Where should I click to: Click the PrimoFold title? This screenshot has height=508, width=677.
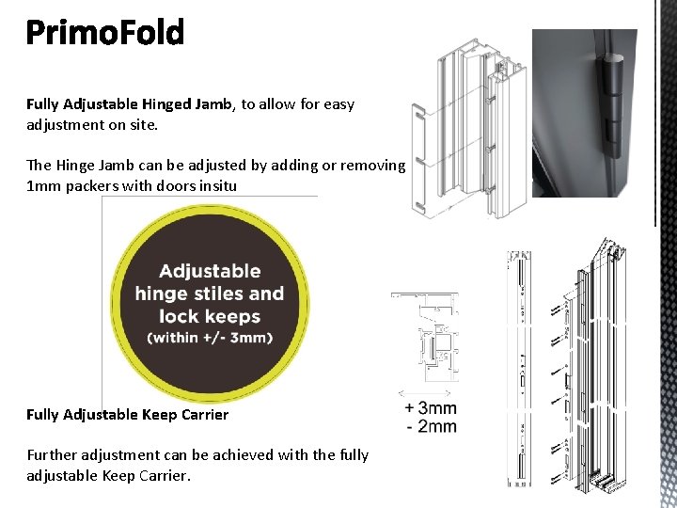click(x=105, y=34)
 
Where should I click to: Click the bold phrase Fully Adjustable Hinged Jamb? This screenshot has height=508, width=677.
click(x=129, y=104)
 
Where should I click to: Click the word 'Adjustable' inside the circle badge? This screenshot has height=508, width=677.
click(x=210, y=271)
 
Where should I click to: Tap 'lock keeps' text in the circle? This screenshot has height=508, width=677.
click(x=210, y=316)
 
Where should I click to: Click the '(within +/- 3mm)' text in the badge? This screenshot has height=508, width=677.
click(x=210, y=337)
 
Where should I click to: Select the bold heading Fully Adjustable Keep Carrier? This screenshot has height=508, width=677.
click(x=127, y=414)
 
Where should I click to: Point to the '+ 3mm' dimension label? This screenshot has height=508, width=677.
click(x=431, y=408)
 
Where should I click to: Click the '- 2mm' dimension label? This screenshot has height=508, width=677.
click(x=431, y=426)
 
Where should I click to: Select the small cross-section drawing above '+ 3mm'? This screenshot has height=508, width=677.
click(x=428, y=339)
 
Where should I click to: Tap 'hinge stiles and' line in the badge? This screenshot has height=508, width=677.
click(x=210, y=294)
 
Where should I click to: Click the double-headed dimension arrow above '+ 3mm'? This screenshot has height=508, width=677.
click(x=429, y=392)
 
